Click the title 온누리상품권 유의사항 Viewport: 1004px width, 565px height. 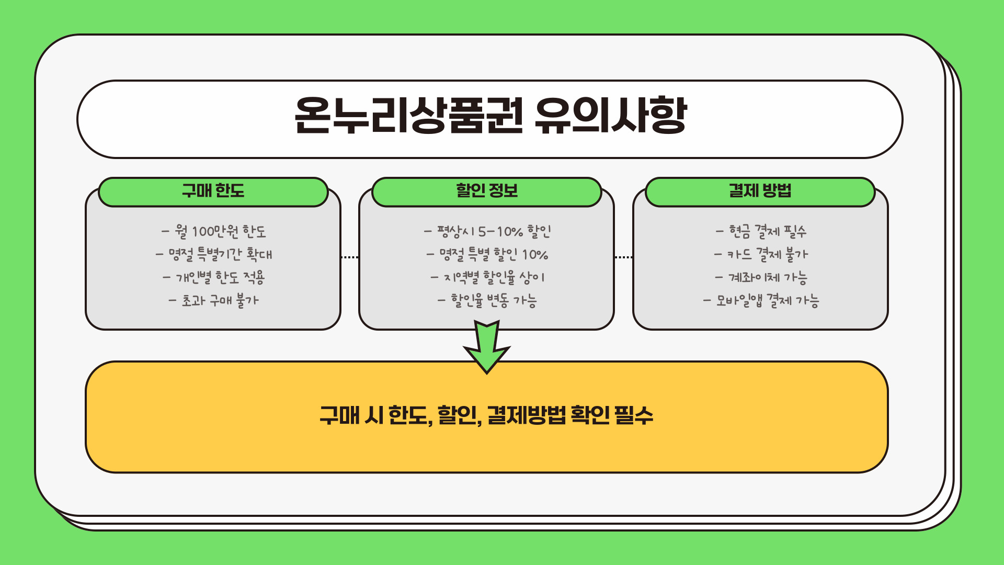click(x=490, y=116)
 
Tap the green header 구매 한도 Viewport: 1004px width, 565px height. click(x=213, y=191)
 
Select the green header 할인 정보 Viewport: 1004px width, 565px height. click(x=487, y=191)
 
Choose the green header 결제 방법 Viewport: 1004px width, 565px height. click(x=760, y=191)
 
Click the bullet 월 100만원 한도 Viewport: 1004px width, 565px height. click(x=214, y=231)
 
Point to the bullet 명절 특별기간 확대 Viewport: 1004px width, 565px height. click(x=214, y=255)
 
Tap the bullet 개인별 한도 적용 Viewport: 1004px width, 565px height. click(x=214, y=277)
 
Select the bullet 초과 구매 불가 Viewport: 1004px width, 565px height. click(x=214, y=300)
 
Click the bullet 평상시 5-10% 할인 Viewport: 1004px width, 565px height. click(x=487, y=231)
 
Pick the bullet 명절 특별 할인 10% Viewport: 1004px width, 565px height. click(x=487, y=255)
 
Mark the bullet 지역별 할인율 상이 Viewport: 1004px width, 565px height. click(x=487, y=277)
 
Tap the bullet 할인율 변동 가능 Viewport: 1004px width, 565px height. click(x=487, y=300)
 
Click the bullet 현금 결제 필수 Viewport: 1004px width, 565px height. click(x=761, y=231)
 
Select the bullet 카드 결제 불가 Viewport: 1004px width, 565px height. click(x=761, y=255)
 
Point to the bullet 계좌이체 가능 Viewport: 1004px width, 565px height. click(x=761, y=277)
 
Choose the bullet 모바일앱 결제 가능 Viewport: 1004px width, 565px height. click(x=761, y=300)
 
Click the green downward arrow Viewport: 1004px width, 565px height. click(x=487, y=348)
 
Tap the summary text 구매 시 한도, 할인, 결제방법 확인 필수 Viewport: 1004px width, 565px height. click(x=486, y=416)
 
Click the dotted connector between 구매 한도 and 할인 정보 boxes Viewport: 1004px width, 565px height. click(x=350, y=257)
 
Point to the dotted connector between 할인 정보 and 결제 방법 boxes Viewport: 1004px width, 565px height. click(x=623, y=257)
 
